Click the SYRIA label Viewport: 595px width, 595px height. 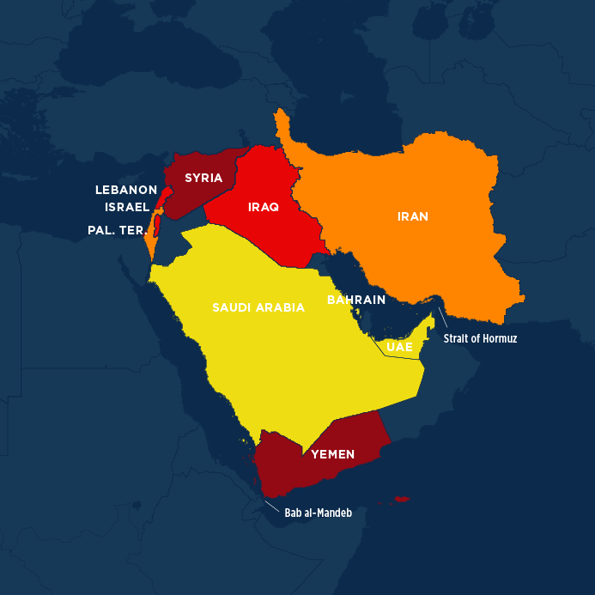pos(203,179)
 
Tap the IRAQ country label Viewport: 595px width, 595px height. pos(263,207)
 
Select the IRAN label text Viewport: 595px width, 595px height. pos(412,216)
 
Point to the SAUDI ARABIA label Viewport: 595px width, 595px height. pos(258,307)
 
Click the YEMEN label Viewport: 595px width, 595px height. pos(332,454)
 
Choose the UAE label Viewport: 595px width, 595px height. pos(399,347)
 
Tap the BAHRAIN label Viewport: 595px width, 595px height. pos(355,301)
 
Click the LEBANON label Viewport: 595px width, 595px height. pos(125,190)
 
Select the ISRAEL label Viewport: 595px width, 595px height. pos(127,207)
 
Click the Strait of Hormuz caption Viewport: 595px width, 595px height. pos(480,338)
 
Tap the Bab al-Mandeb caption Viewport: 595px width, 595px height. pos(319,512)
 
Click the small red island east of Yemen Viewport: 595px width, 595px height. pos(399,499)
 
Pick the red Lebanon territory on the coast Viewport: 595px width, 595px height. pos(161,192)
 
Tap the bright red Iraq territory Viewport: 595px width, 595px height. pos(275,232)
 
